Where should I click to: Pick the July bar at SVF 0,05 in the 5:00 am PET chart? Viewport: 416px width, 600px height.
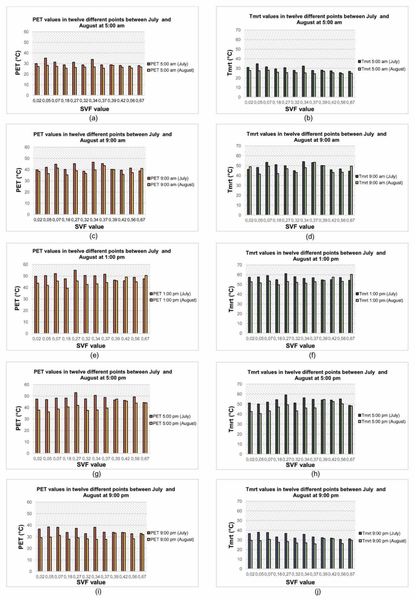pyautogui.click(x=45, y=76)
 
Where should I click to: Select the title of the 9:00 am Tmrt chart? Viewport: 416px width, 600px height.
pyautogui.click(x=316, y=137)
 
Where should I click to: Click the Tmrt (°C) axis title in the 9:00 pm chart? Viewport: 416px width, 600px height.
pyautogui.click(x=231, y=535)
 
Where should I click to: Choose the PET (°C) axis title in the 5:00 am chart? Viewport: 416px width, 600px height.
pyautogui.click(x=18, y=64)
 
